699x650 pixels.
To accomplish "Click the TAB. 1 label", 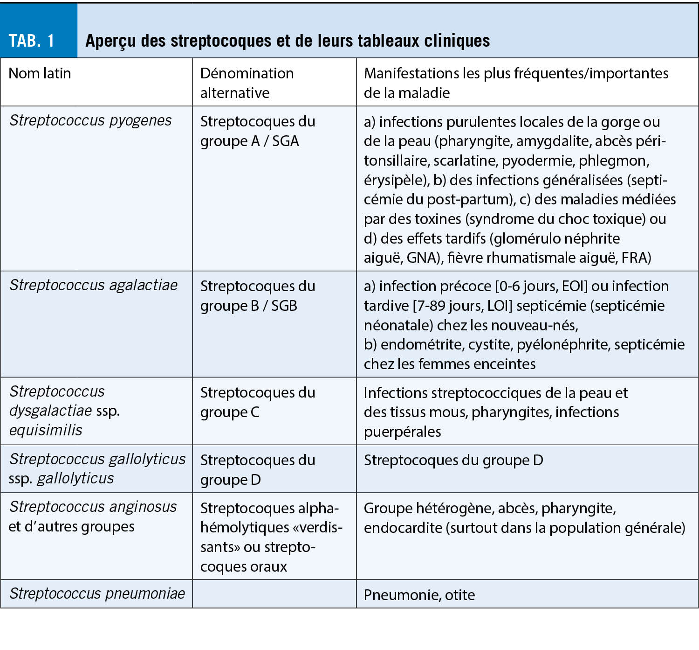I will [32, 41].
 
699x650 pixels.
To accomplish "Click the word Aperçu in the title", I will [111, 41].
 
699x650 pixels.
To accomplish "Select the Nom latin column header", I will [40, 73].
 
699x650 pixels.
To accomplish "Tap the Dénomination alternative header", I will [247, 83].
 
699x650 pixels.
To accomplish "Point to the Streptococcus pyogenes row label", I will [90, 120].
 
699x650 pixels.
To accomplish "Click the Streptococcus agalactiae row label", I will [94, 285].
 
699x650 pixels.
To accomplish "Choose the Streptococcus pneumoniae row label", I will [97, 594].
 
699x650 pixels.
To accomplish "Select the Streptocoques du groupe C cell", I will [258, 402].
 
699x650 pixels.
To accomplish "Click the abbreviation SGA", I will [285, 141].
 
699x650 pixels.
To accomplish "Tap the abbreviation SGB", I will [284, 306].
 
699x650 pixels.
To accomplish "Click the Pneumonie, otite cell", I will [419, 595].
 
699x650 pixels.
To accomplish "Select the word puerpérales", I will [402, 432].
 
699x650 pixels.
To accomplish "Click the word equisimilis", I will [46, 430].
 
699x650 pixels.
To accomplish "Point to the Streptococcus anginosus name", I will [93, 507].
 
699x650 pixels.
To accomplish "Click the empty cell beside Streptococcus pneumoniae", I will [274, 594].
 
